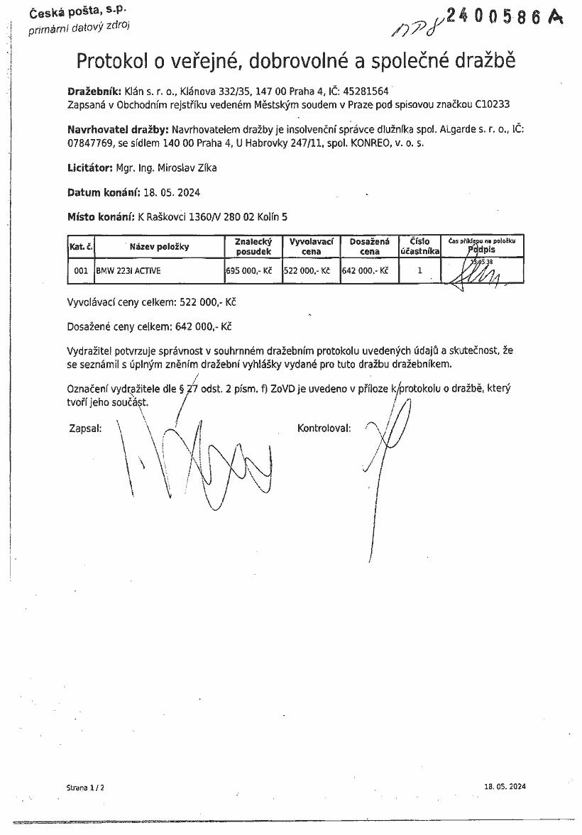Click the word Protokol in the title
[112, 62]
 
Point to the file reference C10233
[491, 104]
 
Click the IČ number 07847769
[86, 143]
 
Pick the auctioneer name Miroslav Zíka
[186, 168]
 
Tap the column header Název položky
[159, 247]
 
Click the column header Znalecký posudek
[253, 246]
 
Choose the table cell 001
[81, 270]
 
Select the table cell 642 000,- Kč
[365, 270]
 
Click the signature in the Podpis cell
[479, 273]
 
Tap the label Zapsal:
[85, 429]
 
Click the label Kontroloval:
[324, 429]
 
